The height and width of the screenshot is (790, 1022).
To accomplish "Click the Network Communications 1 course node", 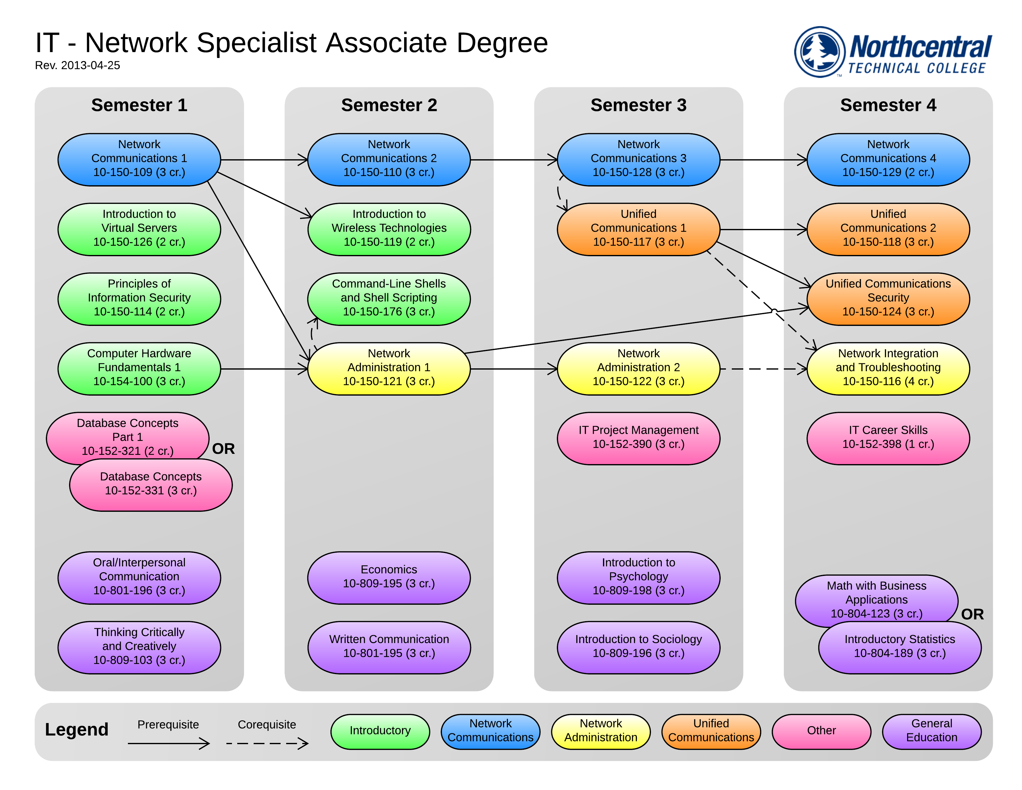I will tap(139, 159).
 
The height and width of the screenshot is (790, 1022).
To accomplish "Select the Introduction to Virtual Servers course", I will tap(139, 229).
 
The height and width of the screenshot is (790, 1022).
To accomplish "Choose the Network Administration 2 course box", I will tap(638, 368).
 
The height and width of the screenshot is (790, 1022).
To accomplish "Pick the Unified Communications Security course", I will tap(888, 299).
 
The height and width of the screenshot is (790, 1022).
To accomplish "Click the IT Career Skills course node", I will tap(888, 437).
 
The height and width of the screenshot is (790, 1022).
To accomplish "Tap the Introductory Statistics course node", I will tap(899, 647).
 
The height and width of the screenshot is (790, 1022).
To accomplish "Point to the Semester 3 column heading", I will tap(638, 105).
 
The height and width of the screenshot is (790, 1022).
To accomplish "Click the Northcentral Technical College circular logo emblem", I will tap(820, 51).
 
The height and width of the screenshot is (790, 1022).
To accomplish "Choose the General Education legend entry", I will tap(931, 731).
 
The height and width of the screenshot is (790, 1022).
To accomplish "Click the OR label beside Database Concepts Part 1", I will tap(223, 449).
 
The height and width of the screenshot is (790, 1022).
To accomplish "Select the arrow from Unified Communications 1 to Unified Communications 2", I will tap(763, 229).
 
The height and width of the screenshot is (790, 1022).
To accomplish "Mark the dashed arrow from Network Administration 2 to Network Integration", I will tap(763, 369).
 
